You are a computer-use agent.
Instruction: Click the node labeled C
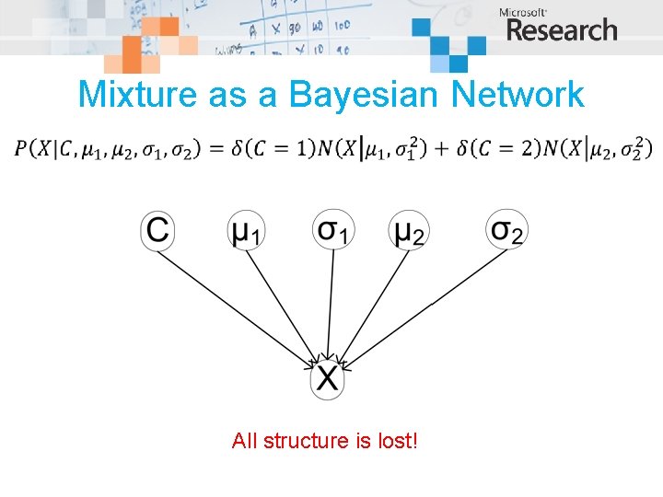[158, 230]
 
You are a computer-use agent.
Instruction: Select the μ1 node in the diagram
[246, 230]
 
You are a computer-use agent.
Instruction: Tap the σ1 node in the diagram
[331, 230]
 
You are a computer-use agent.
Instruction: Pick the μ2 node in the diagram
[410, 230]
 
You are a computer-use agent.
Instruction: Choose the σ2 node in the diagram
[506, 230]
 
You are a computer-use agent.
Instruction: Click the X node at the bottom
[328, 378]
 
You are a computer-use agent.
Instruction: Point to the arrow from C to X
[239, 302]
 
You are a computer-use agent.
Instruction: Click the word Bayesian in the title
[361, 94]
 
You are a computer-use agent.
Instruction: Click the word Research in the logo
[562, 30]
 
